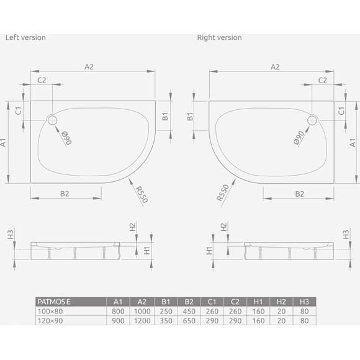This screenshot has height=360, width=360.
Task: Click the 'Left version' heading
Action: [25, 37]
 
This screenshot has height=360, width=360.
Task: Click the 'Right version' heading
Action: [219, 37]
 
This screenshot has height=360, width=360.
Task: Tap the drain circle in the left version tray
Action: [52, 120]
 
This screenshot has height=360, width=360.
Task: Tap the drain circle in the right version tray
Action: [312, 120]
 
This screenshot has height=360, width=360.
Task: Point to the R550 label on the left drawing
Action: [142, 194]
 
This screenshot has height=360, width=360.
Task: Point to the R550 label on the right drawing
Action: [223, 193]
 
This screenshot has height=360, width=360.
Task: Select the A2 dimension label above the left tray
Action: [89, 67]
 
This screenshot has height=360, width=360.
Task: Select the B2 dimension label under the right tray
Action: [300, 194]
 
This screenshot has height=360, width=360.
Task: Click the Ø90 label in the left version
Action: [67, 138]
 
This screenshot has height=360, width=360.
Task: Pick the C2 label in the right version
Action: [323, 80]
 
